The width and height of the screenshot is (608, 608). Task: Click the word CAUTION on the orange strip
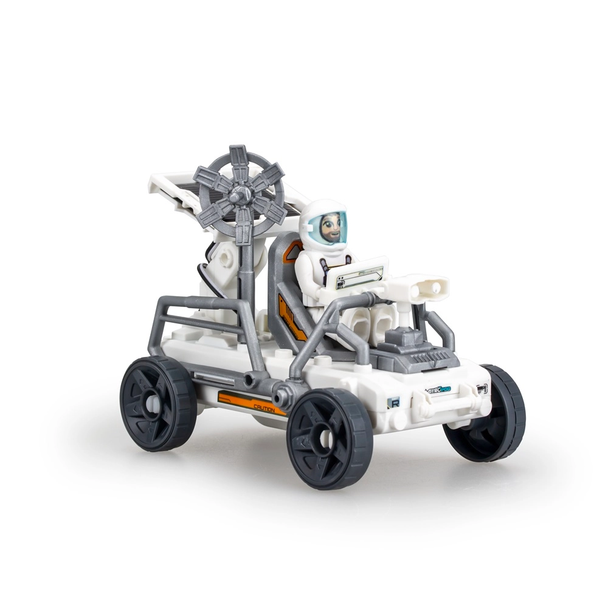(x=263, y=409)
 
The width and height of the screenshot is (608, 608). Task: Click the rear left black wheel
(x=158, y=403)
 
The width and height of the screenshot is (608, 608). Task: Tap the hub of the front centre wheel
(x=326, y=436)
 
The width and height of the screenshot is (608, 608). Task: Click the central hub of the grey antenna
(x=239, y=195)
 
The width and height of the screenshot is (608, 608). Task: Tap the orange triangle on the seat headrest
(x=292, y=250)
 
